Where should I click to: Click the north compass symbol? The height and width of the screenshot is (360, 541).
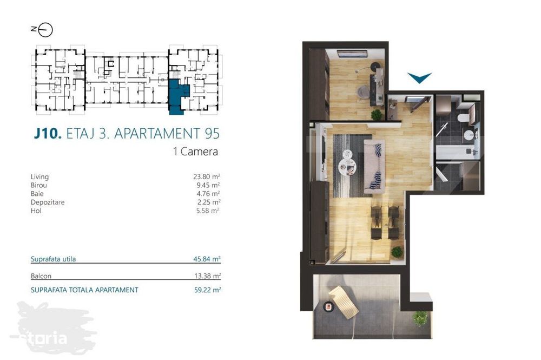point(42,30)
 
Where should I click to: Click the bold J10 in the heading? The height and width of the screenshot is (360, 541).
point(48,134)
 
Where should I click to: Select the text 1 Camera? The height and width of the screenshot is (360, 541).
point(196,152)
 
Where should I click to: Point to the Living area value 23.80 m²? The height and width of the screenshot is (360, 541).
point(207,176)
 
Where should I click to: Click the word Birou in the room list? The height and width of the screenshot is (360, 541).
point(38,185)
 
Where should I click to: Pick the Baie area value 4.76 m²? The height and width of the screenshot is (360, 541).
point(208,194)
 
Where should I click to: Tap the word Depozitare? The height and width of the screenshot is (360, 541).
point(48,202)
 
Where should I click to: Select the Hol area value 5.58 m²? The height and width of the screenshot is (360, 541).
point(208,211)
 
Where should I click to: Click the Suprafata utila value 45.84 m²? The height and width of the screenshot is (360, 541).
point(207,259)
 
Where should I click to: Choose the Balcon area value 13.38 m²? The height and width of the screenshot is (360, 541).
point(207,276)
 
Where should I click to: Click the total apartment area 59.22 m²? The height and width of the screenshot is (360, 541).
point(207,290)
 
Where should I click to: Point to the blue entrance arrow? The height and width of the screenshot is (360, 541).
point(419,77)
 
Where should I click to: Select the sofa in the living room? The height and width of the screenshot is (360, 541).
point(374,167)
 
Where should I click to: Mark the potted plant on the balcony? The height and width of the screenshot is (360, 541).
point(420,318)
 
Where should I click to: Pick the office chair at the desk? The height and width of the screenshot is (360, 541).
point(363,92)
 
